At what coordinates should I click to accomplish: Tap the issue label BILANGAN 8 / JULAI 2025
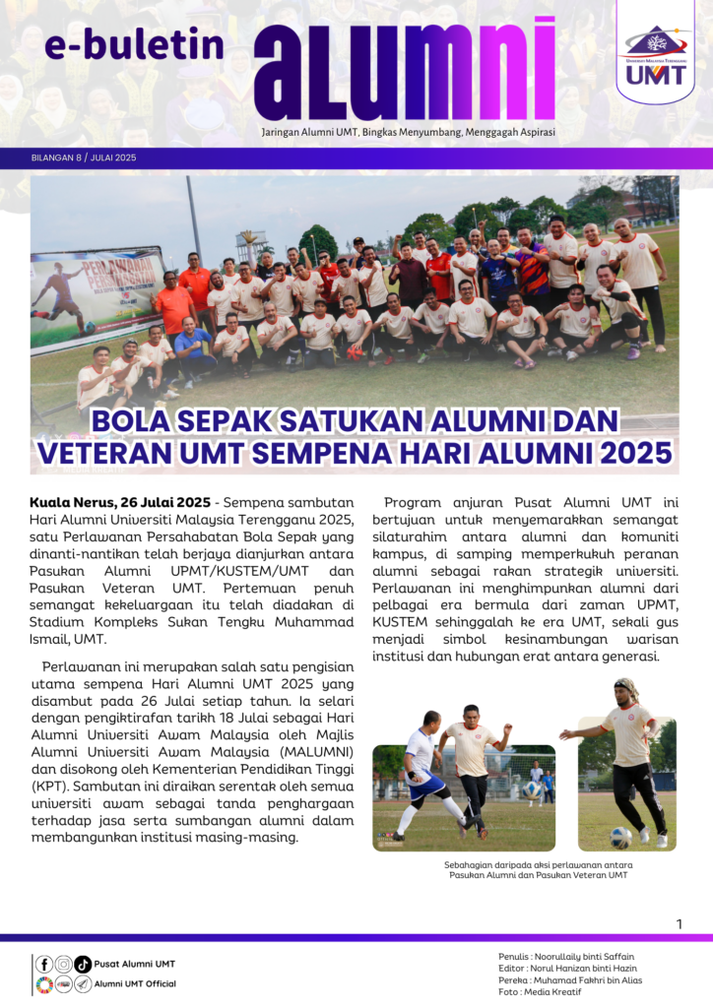point(84,157)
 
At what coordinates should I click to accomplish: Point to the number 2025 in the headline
point(628,453)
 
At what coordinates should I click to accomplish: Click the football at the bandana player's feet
point(619,838)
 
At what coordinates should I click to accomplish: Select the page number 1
point(680,923)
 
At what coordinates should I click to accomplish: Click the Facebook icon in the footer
point(44,964)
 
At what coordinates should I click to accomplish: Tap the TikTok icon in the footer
point(83,964)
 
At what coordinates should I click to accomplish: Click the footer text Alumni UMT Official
point(136,983)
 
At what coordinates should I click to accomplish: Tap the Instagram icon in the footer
point(63,964)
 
